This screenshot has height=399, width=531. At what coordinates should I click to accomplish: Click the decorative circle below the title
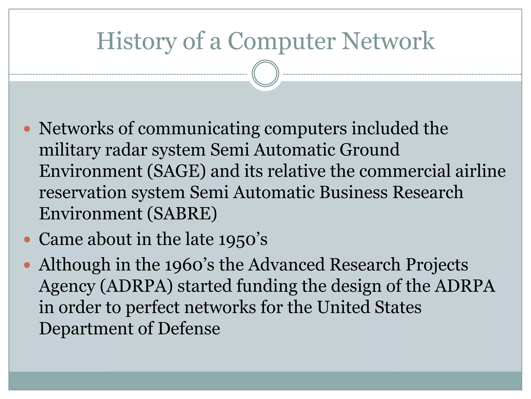(265, 74)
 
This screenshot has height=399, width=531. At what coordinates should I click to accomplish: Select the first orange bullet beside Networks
(27, 129)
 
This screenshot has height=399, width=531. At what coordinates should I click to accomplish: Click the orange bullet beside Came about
(27, 240)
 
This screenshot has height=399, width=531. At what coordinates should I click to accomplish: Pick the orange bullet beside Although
(27, 265)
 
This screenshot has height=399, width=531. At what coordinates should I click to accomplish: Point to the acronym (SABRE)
(182, 214)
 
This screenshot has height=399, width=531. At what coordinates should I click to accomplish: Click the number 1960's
(190, 265)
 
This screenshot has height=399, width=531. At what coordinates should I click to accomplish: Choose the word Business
(353, 193)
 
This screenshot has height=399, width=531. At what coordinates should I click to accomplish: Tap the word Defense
(189, 329)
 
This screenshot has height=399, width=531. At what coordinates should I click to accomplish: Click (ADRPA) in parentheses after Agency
(136, 286)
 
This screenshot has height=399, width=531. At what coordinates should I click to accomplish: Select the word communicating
(199, 129)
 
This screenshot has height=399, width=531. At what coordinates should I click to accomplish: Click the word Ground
(369, 150)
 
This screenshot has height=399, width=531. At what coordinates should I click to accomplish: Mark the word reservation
(83, 193)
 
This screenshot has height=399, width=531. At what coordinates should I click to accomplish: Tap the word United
(344, 308)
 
